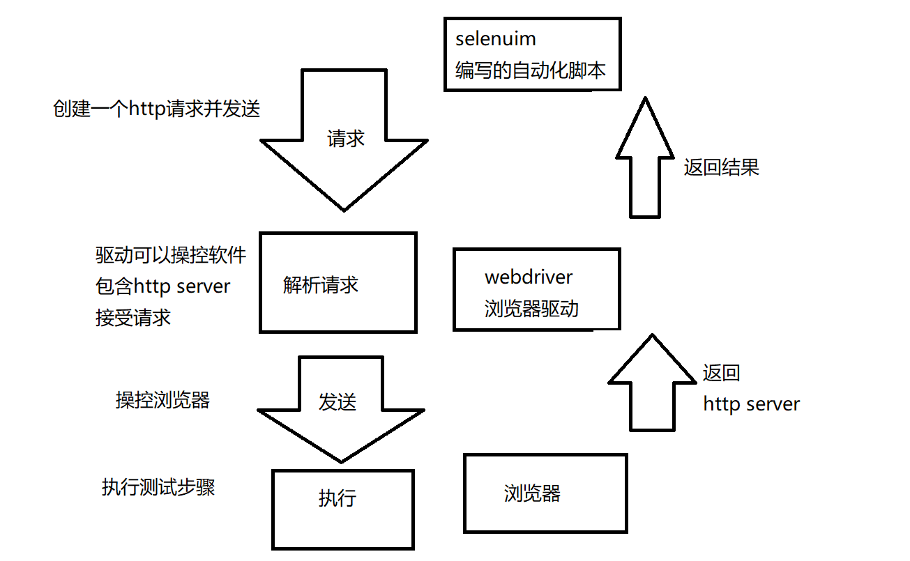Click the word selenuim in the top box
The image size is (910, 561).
(x=495, y=39)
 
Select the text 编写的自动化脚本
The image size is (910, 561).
(x=531, y=70)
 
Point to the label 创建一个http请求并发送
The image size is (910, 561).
(x=156, y=109)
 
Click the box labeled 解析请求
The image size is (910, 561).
(x=338, y=282)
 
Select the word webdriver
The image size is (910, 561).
(x=529, y=277)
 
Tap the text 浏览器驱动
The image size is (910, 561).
(x=531, y=309)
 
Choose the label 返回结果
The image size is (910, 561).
(x=721, y=167)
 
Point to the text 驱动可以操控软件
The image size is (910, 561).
(x=171, y=255)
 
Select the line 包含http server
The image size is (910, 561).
(x=162, y=286)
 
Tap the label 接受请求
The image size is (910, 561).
(x=133, y=318)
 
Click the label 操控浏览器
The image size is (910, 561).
(x=162, y=400)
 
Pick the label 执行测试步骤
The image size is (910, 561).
(x=158, y=487)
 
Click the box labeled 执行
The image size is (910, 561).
(x=342, y=509)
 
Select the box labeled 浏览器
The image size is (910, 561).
(x=545, y=493)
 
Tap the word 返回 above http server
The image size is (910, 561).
(x=721, y=373)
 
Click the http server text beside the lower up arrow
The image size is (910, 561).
(x=751, y=404)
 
